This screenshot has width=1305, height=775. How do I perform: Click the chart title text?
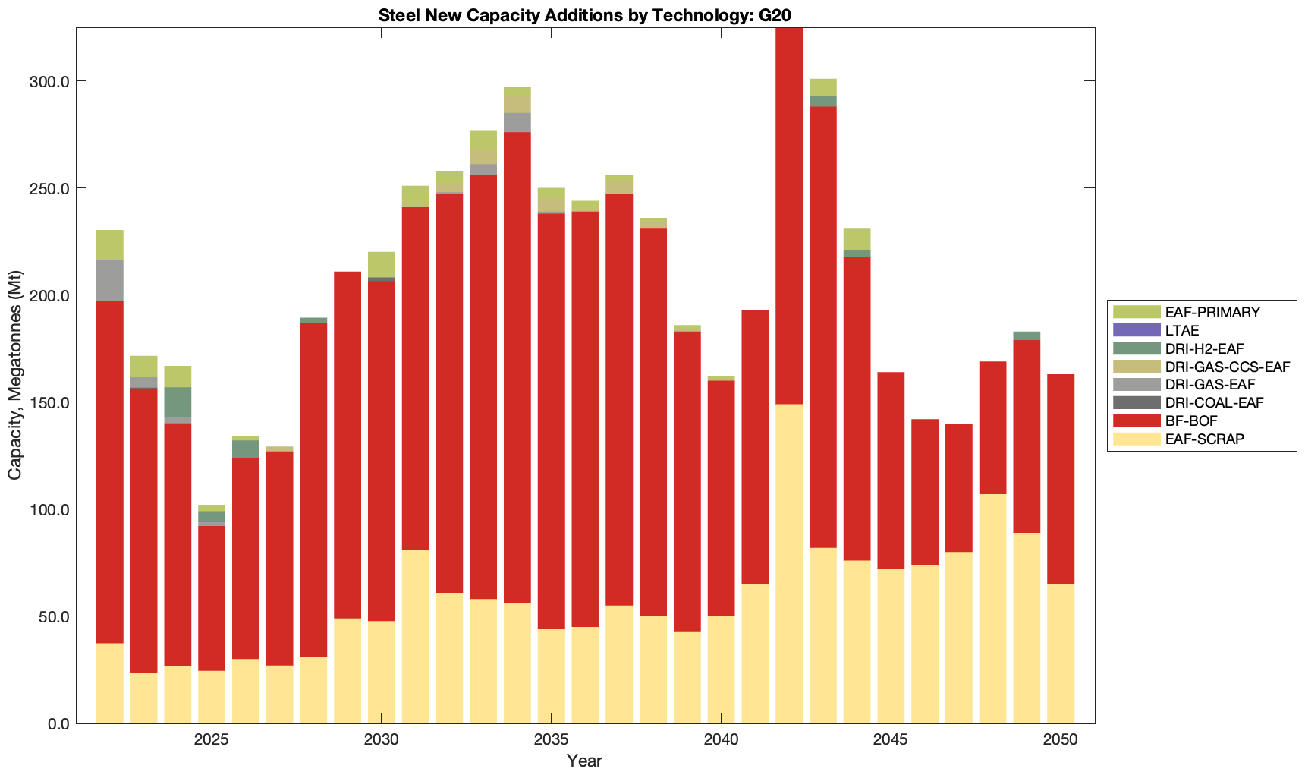coord(585,15)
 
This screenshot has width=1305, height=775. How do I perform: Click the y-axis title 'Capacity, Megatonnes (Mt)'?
coord(15,375)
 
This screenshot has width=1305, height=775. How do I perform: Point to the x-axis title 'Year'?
coord(584,761)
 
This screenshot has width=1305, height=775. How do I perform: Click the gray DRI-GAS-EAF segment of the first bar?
coord(109,280)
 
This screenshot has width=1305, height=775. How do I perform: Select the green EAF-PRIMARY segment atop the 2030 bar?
coord(382,264)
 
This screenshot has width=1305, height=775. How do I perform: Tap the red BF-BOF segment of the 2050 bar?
coord(1061,479)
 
